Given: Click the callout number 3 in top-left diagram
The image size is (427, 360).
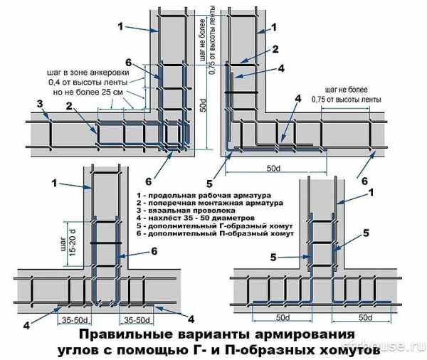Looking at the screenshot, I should pyautogui.click(x=42, y=103).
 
